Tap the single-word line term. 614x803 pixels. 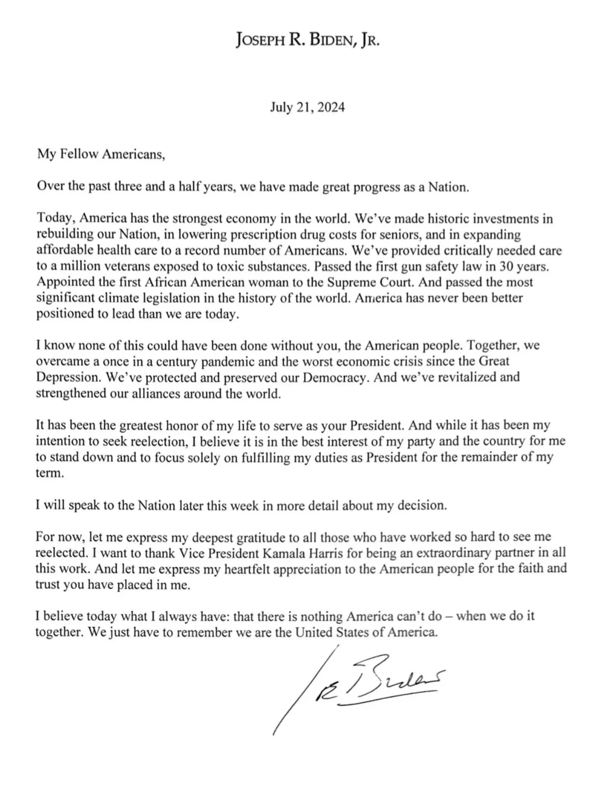point(49,472)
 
